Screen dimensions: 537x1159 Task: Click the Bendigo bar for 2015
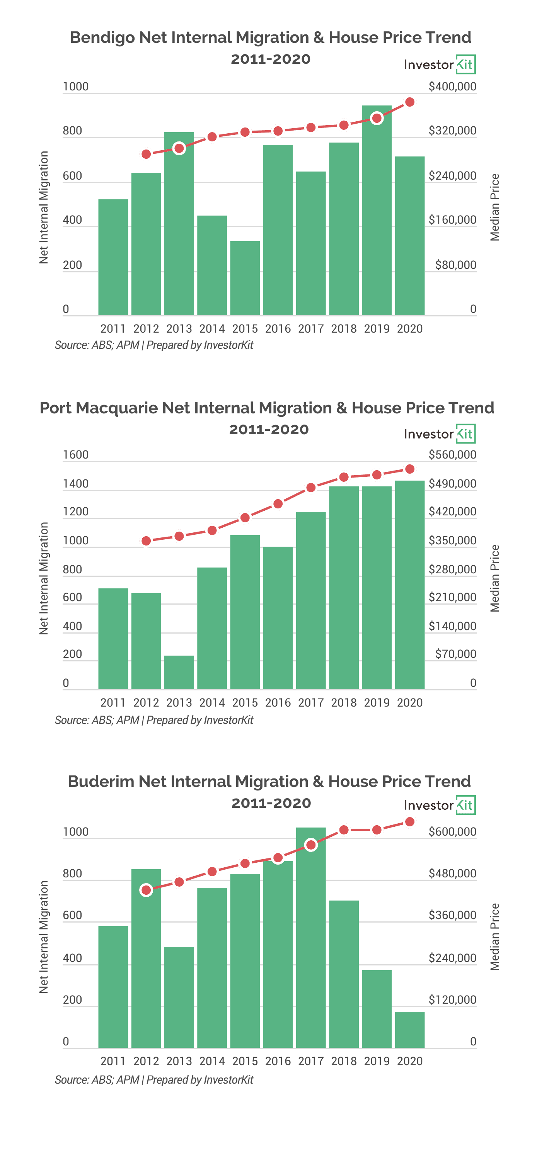tap(245, 278)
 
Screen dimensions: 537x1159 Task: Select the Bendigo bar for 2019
tap(377, 211)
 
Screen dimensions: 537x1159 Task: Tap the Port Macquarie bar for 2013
tap(179, 672)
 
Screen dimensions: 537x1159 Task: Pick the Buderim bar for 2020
tap(410, 1030)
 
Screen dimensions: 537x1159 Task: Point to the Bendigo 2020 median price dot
tap(410, 102)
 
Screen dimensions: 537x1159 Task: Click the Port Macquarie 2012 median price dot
tap(146, 541)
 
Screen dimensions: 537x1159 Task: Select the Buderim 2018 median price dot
tap(344, 830)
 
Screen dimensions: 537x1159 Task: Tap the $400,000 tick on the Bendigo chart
tap(452, 86)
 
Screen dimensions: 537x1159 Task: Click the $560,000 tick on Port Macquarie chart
tap(452, 454)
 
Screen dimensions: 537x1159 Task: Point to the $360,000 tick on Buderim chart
tap(452, 915)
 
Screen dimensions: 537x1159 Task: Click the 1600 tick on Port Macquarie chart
tap(76, 454)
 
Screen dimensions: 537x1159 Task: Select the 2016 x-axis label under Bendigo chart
tap(278, 329)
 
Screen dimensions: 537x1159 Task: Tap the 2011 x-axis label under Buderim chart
tap(113, 1061)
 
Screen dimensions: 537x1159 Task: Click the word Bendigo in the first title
tap(102, 38)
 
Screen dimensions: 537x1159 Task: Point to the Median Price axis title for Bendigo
tap(495, 207)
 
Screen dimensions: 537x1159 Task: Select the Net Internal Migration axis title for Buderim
tap(44, 937)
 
